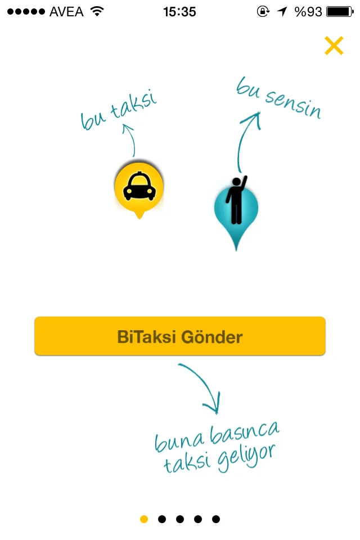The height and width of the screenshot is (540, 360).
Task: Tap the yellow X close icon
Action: coord(334,46)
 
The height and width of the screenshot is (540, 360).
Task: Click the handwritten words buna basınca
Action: coord(217,437)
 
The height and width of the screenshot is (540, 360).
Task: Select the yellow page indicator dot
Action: coord(144,519)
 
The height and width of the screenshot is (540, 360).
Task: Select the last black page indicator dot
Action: coord(216,519)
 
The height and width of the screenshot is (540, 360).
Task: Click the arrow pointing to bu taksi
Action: coord(130,141)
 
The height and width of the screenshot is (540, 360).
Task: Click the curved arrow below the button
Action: coord(202,385)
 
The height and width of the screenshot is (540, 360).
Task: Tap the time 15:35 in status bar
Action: coord(179,11)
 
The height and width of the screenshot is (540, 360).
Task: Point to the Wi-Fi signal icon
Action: coord(97,11)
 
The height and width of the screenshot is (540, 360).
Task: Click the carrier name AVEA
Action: coord(66,11)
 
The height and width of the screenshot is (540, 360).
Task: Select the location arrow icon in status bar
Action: coord(282,11)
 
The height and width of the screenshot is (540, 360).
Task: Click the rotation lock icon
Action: coord(263,11)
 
